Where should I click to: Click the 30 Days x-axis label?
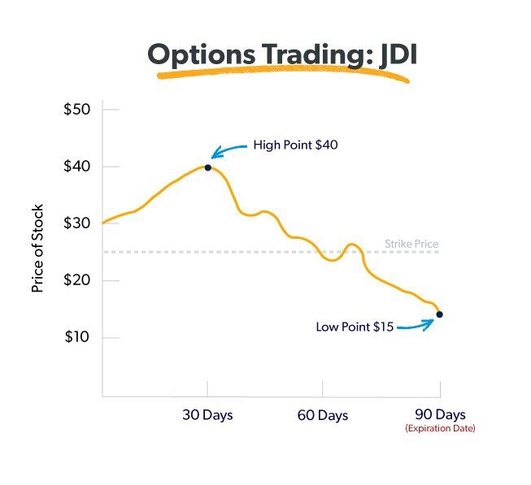click(207, 415)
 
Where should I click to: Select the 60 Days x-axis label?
click(322, 415)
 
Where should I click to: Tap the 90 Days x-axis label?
click(439, 414)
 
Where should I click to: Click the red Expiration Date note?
click(440, 428)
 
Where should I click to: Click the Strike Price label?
click(411, 244)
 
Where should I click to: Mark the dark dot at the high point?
click(208, 167)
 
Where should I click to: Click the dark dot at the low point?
click(439, 314)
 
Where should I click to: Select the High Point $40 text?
click(295, 145)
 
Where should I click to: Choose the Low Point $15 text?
click(355, 327)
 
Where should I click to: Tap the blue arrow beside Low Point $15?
click(416, 325)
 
